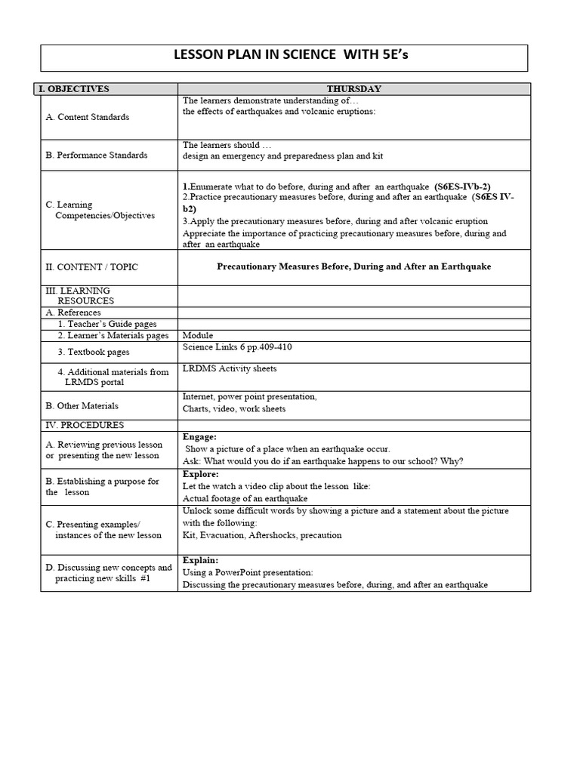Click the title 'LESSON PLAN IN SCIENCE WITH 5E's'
tap(284, 57)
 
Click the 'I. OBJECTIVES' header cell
tap(74, 89)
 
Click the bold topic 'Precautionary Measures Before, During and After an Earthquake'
tap(353, 266)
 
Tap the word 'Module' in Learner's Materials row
tap(198, 335)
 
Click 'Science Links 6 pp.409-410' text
tap(237, 347)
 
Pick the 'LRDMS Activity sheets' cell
tap(230, 368)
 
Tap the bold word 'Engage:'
tap(200, 436)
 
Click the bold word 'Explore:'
tap(201, 474)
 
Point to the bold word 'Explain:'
tap(201, 561)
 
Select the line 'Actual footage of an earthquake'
tap(245, 498)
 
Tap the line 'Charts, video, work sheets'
tap(234, 409)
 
